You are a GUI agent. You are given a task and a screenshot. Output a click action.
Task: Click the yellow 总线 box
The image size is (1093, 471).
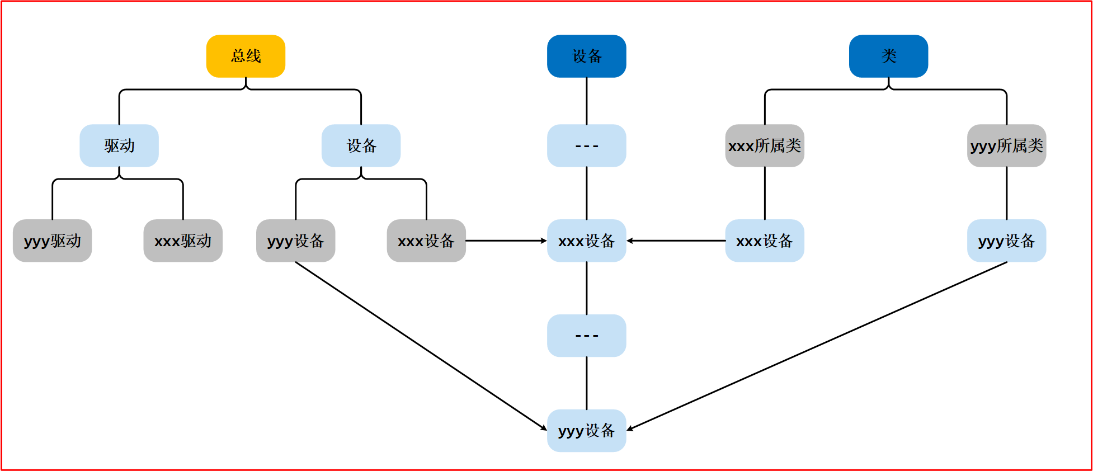click(x=246, y=56)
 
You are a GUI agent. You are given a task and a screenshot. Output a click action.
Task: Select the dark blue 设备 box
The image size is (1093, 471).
click(x=586, y=56)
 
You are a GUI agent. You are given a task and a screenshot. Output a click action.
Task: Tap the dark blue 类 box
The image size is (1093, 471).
click(x=888, y=56)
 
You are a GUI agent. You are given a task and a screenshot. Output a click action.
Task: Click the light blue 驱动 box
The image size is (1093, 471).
click(x=119, y=145)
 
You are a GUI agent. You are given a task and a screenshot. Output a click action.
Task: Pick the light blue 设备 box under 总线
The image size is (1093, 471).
click(x=361, y=145)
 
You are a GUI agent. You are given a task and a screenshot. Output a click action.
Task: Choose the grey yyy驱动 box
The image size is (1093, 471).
click(x=52, y=241)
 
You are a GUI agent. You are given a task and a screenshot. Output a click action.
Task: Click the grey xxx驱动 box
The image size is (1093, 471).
click(x=183, y=241)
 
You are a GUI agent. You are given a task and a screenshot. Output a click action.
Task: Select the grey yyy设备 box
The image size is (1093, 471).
click(x=295, y=241)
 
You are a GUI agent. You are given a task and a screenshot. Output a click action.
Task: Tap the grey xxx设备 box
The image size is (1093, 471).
click(x=426, y=241)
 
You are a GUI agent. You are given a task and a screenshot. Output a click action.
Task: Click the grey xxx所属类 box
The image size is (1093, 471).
click(x=765, y=145)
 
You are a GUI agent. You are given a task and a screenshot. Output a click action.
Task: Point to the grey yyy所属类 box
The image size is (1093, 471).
click(x=1006, y=145)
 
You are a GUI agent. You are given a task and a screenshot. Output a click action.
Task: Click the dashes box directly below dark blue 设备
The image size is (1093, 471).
click(x=586, y=145)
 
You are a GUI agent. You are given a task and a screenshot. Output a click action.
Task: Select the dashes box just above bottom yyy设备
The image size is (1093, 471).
click(x=586, y=336)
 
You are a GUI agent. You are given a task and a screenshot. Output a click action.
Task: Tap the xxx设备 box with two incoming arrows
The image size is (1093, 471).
click(x=586, y=241)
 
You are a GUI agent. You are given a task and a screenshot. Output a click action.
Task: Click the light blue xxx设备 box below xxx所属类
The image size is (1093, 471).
click(x=765, y=241)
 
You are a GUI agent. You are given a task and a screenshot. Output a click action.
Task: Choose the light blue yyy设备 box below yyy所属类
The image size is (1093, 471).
click(x=1006, y=241)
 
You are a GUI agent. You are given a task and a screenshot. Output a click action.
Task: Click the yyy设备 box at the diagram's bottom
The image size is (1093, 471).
click(x=586, y=430)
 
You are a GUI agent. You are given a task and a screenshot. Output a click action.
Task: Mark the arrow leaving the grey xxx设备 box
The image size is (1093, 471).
click(x=506, y=241)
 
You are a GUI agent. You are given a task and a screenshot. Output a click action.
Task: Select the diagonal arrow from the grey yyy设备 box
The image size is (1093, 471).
click(x=421, y=346)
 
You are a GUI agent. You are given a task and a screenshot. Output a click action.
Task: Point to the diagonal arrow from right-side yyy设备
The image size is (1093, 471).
click(x=817, y=346)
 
